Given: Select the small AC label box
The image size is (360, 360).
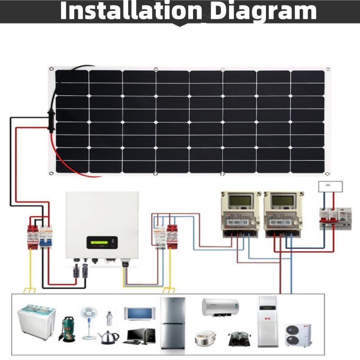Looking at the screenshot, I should (330, 185).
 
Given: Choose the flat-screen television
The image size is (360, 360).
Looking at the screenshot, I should (140, 314).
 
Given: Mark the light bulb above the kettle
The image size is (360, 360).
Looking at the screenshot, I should (108, 317).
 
